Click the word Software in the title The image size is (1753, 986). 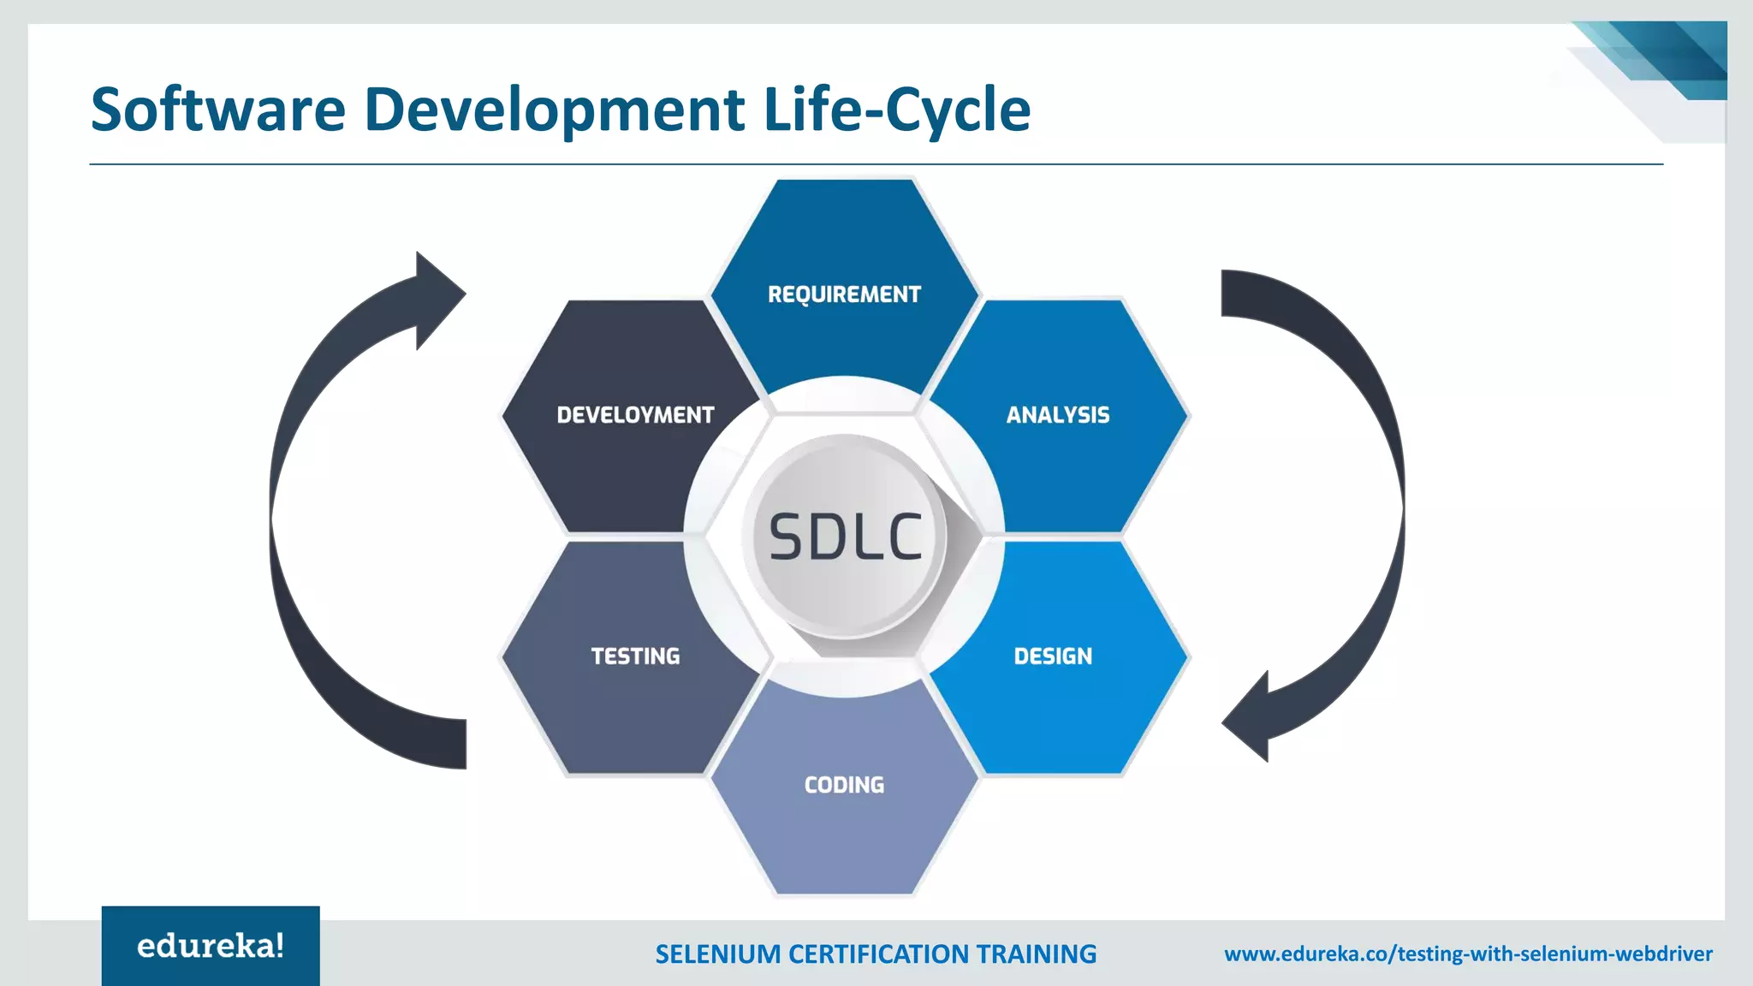point(217,110)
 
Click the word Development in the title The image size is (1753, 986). point(554,110)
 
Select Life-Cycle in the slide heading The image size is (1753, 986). point(896,110)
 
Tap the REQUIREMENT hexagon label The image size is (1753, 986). point(844,294)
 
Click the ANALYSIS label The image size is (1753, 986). point(1057,415)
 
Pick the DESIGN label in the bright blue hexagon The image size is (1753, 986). point(1053,656)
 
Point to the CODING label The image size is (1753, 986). point(844,785)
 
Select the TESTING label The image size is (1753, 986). point(635,656)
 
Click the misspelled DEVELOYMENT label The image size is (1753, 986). point(635,415)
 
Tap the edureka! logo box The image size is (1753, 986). point(211,946)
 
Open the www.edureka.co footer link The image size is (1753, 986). point(1468,954)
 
